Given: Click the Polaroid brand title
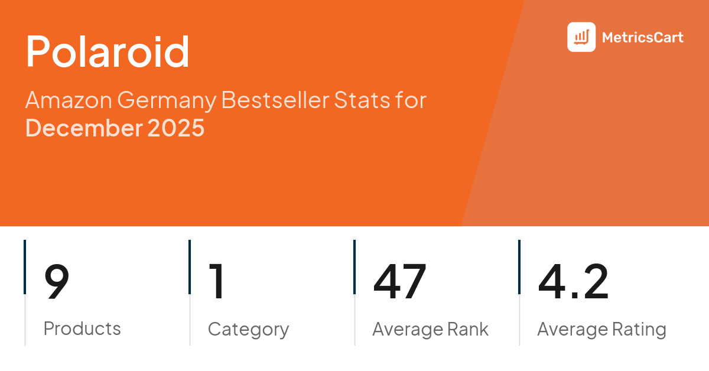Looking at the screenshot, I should click(x=108, y=52).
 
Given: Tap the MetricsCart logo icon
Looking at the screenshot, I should click(x=581, y=37).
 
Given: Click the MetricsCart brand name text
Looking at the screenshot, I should click(x=642, y=38).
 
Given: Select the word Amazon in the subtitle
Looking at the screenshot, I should click(x=68, y=100).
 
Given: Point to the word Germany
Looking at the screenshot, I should click(x=167, y=101).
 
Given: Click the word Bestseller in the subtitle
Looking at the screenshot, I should click(x=275, y=100).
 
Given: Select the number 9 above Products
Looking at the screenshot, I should click(x=57, y=281).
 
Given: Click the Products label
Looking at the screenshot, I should click(x=82, y=328).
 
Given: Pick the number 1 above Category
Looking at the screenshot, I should click(x=217, y=281).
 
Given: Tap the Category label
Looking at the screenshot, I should click(x=248, y=329).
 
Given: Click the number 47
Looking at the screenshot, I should click(x=399, y=281).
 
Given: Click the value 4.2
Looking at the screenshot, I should click(x=573, y=281).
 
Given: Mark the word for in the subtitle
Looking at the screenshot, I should click(x=411, y=100).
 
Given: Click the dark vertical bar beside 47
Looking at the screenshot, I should click(x=354, y=266).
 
